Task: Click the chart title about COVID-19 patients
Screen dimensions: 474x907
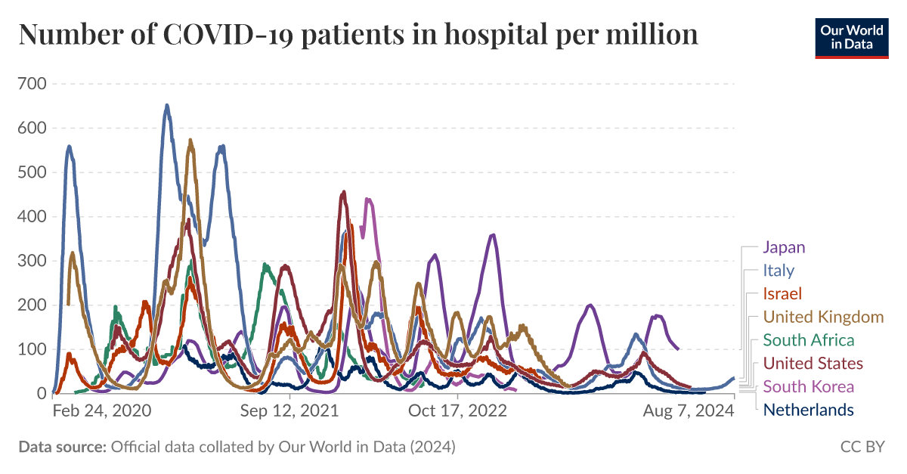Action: coord(358,35)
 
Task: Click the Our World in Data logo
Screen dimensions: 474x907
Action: coord(852,36)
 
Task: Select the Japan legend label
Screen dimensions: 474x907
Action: coord(784,247)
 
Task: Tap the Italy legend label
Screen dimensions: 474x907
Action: coord(779,270)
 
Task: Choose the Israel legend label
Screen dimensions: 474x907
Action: coord(782,293)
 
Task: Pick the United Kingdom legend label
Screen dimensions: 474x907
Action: coord(823,317)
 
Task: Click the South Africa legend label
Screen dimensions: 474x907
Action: coord(809,340)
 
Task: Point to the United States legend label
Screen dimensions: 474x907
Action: coord(813,364)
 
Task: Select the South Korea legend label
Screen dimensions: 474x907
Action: coord(809,387)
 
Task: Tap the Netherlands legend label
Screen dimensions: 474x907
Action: coord(809,410)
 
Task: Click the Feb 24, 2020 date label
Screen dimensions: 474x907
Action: coord(102,410)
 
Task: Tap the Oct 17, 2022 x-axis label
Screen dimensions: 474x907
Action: coord(457,410)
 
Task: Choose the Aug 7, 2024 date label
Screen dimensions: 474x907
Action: coord(689,410)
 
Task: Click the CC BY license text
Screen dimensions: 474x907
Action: coord(862,448)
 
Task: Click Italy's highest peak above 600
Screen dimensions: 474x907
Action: coord(167,106)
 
